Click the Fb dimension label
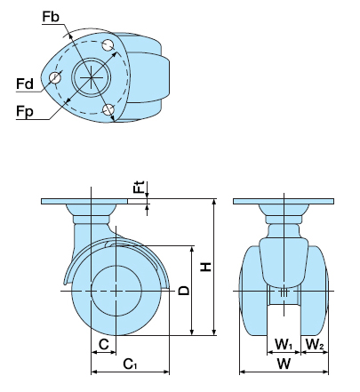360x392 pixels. coord(51,17)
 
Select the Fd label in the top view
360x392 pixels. coord(25,84)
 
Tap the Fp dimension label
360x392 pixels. coord(25,112)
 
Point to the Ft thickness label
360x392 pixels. coord(139,187)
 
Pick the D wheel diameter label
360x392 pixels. coord(184,291)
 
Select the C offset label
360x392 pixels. coord(104,344)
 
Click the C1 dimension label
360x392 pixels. coord(130,364)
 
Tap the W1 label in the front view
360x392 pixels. coord(284,344)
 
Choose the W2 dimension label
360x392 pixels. coord(315,344)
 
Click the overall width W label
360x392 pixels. coord(284,364)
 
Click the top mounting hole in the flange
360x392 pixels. coord(108,45)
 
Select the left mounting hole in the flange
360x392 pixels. coord(55,78)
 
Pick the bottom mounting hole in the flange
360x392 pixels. coord(108,109)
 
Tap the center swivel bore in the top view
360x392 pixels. coord(92,77)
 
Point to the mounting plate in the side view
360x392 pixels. coord(84,202)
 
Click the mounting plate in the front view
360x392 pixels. coord(284,202)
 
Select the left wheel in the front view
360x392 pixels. coord(253,291)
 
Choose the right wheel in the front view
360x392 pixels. coord(315,291)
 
